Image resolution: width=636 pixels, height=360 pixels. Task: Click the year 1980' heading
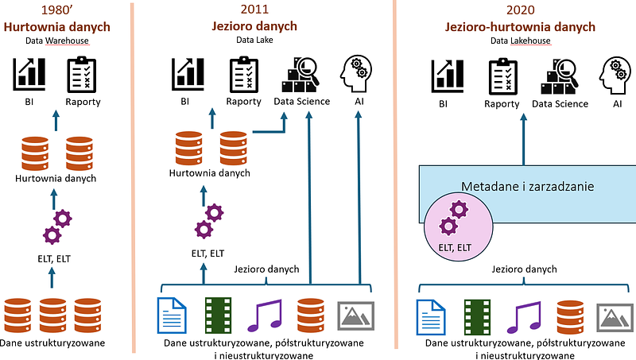click(x=55, y=11)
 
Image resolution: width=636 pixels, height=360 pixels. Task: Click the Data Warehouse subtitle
click(x=55, y=41)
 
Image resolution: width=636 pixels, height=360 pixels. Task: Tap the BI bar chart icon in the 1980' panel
click(x=29, y=74)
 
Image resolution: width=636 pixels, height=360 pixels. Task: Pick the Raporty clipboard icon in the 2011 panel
click(x=243, y=74)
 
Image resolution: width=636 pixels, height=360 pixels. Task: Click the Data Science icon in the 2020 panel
click(x=560, y=76)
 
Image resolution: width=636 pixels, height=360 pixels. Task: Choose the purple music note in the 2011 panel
click(x=270, y=315)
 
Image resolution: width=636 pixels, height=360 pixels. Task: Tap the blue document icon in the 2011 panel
click(x=173, y=315)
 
